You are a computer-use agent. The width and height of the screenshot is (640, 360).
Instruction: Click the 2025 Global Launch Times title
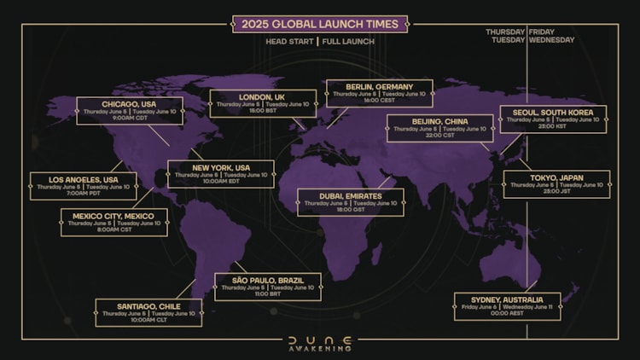pos(320,24)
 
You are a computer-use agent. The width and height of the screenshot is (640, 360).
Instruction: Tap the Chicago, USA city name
pos(129,104)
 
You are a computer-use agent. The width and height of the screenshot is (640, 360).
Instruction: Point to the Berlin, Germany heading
pos(380,86)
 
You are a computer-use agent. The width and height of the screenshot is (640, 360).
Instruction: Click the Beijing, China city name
pos(439,122)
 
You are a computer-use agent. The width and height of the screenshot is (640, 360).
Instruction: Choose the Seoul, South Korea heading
pos(553,112)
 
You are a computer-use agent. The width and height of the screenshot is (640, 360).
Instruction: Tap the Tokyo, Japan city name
pos(556,177)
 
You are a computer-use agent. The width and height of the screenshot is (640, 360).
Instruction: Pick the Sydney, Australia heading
pos(507,299)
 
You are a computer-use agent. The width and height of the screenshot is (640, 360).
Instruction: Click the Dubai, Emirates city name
pos(351,195)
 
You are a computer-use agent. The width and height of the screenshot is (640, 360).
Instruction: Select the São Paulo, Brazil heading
pos(268,280)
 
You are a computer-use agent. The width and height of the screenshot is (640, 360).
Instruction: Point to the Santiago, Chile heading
pos(149,305)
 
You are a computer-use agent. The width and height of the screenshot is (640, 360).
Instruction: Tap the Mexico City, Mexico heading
pos(113,216)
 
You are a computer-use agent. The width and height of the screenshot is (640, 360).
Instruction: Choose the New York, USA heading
pos(220,167)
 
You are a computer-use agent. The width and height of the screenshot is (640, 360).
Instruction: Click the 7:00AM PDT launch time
pos(83,194)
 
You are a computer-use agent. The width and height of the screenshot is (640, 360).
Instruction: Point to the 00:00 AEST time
pos(507,313)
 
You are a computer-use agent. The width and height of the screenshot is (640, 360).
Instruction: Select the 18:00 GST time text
pos(351,209)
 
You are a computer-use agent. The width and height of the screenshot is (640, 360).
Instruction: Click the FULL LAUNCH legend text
pos(348,41)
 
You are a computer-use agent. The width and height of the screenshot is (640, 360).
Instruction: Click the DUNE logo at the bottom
pos(320,340)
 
